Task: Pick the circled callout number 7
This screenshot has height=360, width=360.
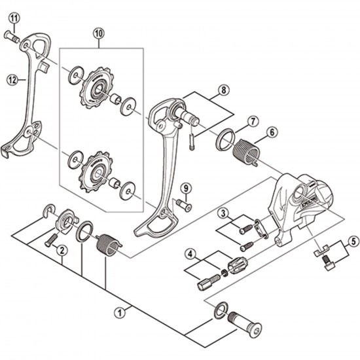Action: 253,121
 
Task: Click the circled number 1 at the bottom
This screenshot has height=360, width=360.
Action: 118,313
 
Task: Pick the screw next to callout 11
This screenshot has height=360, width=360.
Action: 12,36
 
